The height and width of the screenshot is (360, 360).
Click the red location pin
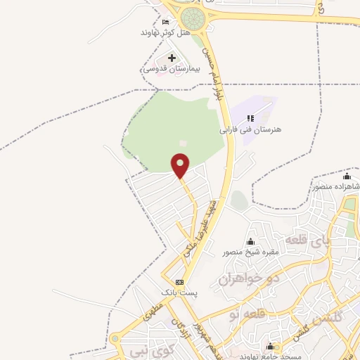[181, 165]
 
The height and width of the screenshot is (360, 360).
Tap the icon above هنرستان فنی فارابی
[251, 118]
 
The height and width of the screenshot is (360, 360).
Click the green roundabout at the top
[191, 17]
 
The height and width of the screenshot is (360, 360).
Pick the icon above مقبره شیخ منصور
[251, 242]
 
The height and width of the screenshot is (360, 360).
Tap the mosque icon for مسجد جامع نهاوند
[270, 346]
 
